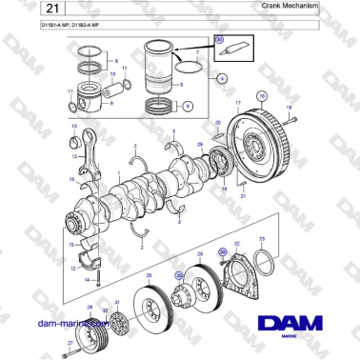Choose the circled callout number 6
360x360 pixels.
(x=187, y=106)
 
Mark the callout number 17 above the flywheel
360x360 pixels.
(x=237, y=101)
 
